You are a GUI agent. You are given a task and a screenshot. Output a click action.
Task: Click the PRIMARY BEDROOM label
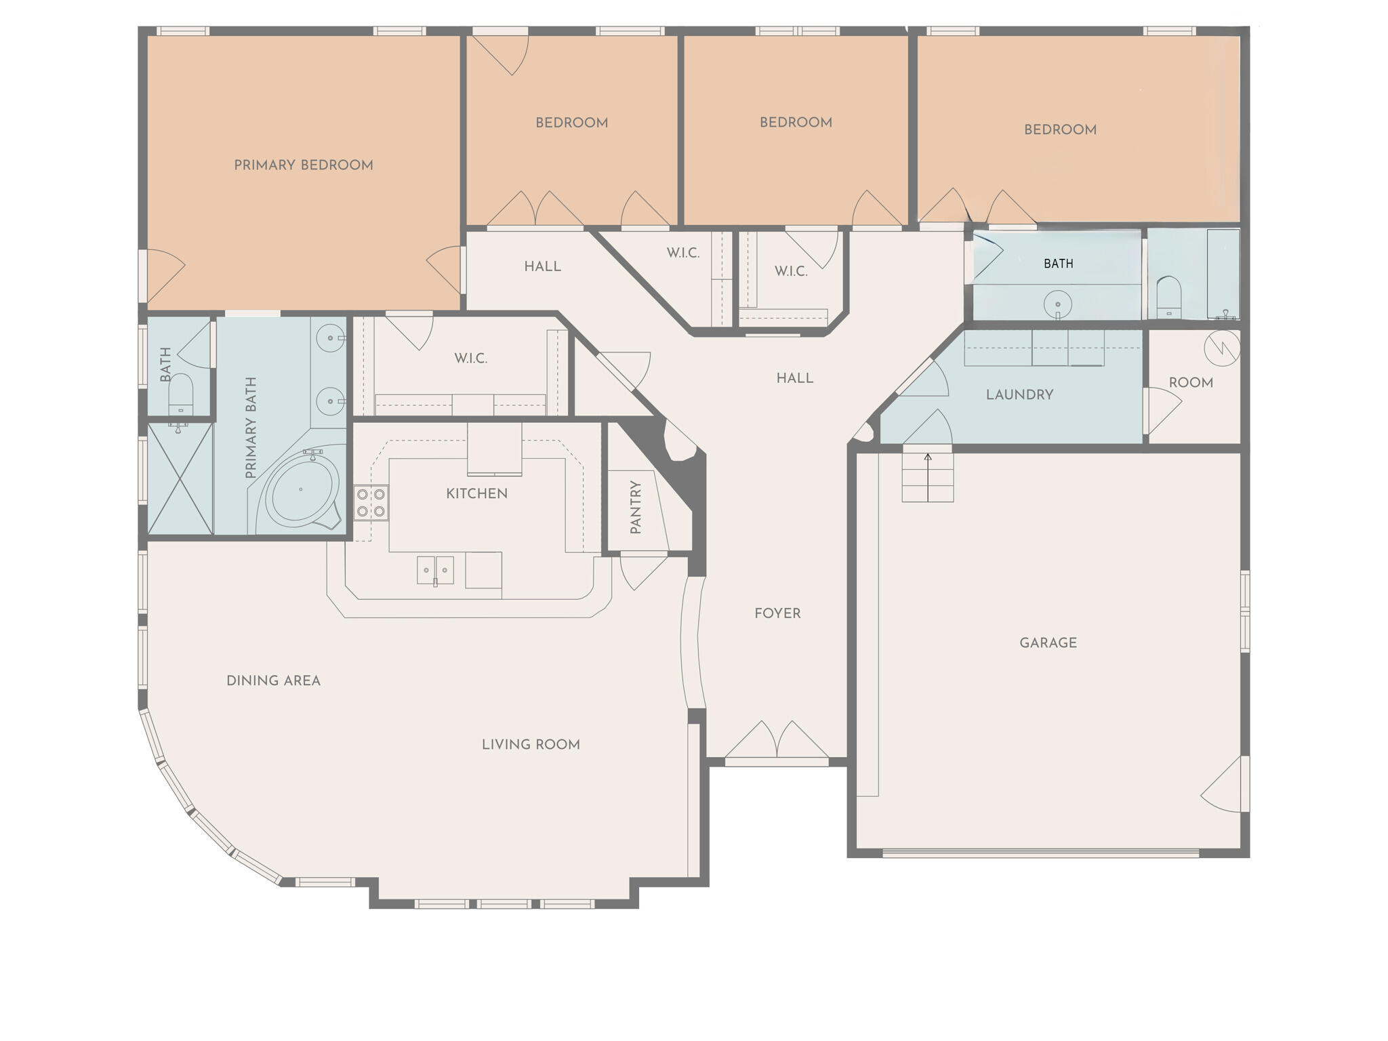click(303, 165)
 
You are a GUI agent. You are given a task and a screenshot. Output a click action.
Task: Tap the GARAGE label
click(1048, 643)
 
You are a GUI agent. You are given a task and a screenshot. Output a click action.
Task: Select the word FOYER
click(777, 614)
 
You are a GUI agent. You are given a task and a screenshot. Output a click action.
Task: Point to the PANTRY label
click(636, 508)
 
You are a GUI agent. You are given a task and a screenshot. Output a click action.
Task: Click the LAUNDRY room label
click(1019, 395)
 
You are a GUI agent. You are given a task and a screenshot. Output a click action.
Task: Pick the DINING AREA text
click(273, 681)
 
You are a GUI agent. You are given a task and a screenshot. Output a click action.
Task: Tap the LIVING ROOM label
click(531, 745)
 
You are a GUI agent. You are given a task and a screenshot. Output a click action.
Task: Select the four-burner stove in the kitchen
click(371, 503)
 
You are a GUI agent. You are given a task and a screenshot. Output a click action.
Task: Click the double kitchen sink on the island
click(435, 569)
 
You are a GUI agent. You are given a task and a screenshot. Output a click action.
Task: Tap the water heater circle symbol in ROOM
click(1222, 348)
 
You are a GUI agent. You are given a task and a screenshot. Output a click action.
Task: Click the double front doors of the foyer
click(777, 741)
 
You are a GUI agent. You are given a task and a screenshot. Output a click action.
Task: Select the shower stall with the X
click(180, 478)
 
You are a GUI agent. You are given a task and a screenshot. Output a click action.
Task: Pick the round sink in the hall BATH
click(1057, 304)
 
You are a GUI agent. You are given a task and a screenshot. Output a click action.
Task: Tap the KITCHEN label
click(476, 494)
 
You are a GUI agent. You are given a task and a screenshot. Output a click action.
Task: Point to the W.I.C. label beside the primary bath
click(470, 359)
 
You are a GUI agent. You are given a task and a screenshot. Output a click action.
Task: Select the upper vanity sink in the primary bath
click(331, 338)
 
